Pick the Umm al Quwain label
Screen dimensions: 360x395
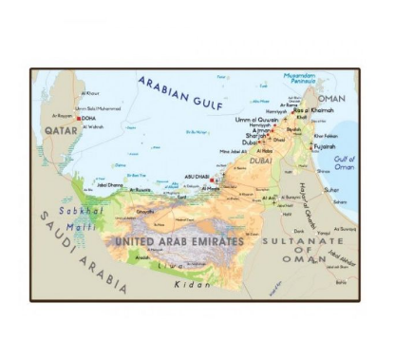[x=257, y=120]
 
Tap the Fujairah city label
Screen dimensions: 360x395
[x=326, y=147]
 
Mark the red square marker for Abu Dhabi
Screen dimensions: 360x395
[x=213, y=180]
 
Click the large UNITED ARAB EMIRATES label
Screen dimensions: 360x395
[x=178, y=241]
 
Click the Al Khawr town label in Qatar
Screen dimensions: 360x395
[x=90, y=93]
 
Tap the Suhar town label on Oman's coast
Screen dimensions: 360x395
[x=331, y=189]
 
